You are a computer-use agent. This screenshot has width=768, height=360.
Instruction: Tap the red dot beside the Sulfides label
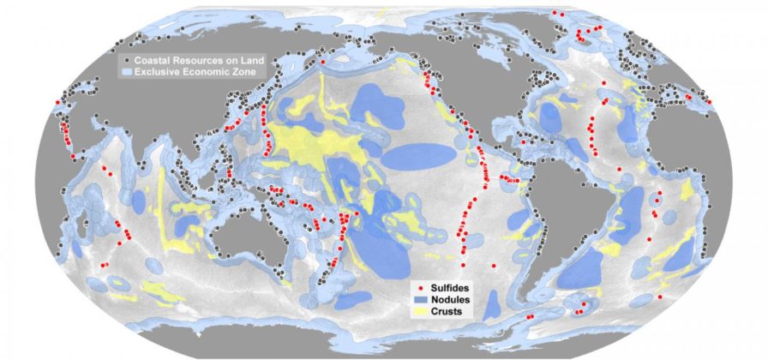point(414,286)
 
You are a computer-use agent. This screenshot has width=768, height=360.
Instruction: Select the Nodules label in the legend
point(444,299)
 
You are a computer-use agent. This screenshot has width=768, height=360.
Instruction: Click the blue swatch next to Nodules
point(414,299)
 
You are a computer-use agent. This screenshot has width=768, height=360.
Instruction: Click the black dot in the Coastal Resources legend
point(126,62)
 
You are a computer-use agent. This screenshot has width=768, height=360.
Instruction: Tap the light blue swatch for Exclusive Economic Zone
point(126,74)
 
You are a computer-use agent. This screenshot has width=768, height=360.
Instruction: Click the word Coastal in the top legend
point(153,62)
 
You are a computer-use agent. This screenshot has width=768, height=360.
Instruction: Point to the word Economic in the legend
point(204,74)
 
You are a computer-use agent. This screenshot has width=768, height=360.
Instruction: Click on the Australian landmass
point(248,231)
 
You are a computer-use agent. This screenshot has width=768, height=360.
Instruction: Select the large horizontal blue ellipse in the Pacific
point(418,156)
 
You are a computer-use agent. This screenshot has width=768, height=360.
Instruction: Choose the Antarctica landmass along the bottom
point(386,347)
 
